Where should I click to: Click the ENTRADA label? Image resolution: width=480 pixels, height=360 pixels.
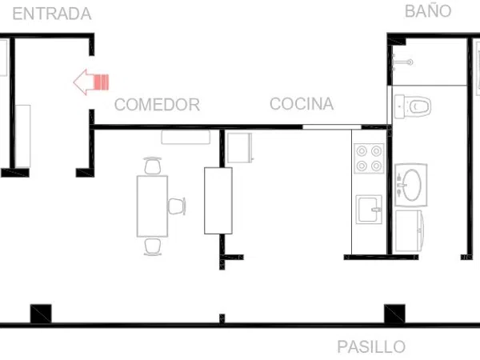[52, 14]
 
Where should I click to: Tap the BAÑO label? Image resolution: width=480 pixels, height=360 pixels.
[428, 10]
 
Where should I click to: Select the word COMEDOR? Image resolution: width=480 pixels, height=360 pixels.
[157, 104]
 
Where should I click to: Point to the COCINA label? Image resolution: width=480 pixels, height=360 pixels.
[302, 103]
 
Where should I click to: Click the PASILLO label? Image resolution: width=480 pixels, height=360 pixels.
[371, 346]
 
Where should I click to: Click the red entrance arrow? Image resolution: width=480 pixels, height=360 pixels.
[91, 82]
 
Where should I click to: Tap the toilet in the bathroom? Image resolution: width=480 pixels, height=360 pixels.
[412, 106]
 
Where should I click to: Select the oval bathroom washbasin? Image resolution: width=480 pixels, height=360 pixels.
[411, 185]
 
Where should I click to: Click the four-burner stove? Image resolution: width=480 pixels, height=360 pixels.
[369, 158]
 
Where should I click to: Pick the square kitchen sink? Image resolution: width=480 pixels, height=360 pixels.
[369, 210]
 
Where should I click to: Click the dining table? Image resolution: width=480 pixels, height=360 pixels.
[152, 206]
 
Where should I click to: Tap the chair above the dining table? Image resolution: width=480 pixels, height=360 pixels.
[153, 166]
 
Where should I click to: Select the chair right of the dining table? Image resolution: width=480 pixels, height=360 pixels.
[177, 206]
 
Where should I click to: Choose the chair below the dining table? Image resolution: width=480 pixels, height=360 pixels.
[153, 246]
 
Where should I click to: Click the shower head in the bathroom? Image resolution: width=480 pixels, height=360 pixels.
[402, 62]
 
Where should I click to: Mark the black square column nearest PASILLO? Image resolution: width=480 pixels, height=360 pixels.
[394, 314]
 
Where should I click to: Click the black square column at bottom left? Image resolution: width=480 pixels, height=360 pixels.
[41, 314]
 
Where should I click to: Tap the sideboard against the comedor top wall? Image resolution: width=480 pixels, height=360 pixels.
[186, 137]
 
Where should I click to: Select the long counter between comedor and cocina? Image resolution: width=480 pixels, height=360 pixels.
[218, 201]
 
